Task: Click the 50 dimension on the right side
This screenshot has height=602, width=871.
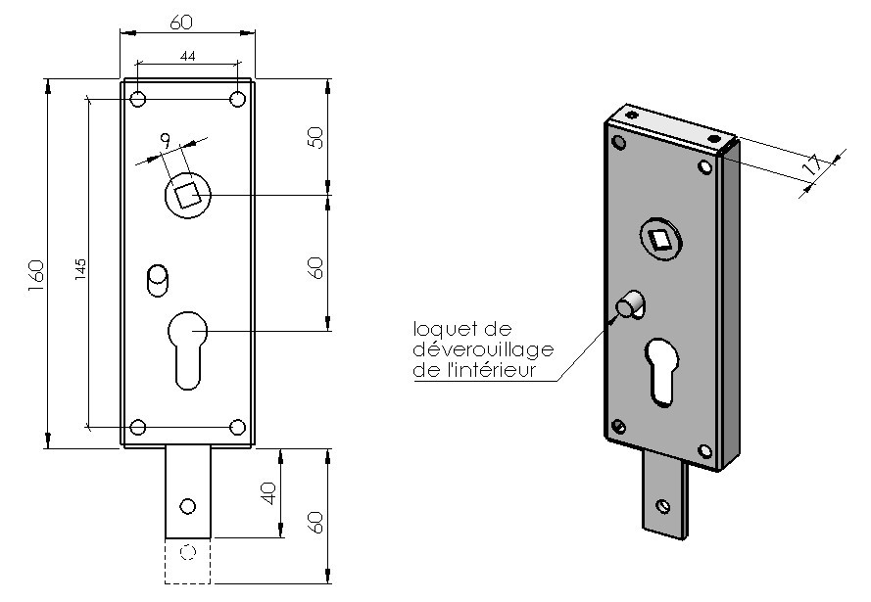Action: pyautogui.click(x=315, y=136)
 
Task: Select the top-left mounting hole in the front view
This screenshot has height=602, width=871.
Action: pyautogui.click(x=138, y=99)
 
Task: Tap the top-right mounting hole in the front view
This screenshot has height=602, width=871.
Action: pyautogui.click(x=237, y=99)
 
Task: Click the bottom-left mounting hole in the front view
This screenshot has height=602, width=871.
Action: pyautogui.click(x=138, y=427)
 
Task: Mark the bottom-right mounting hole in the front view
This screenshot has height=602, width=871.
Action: pyautogui.click(x=237, y=427)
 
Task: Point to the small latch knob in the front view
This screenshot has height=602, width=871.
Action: pyautogui.click(x=156, y=278)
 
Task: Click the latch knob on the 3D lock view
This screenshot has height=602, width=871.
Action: pyautogui.click(x=627, y=306)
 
